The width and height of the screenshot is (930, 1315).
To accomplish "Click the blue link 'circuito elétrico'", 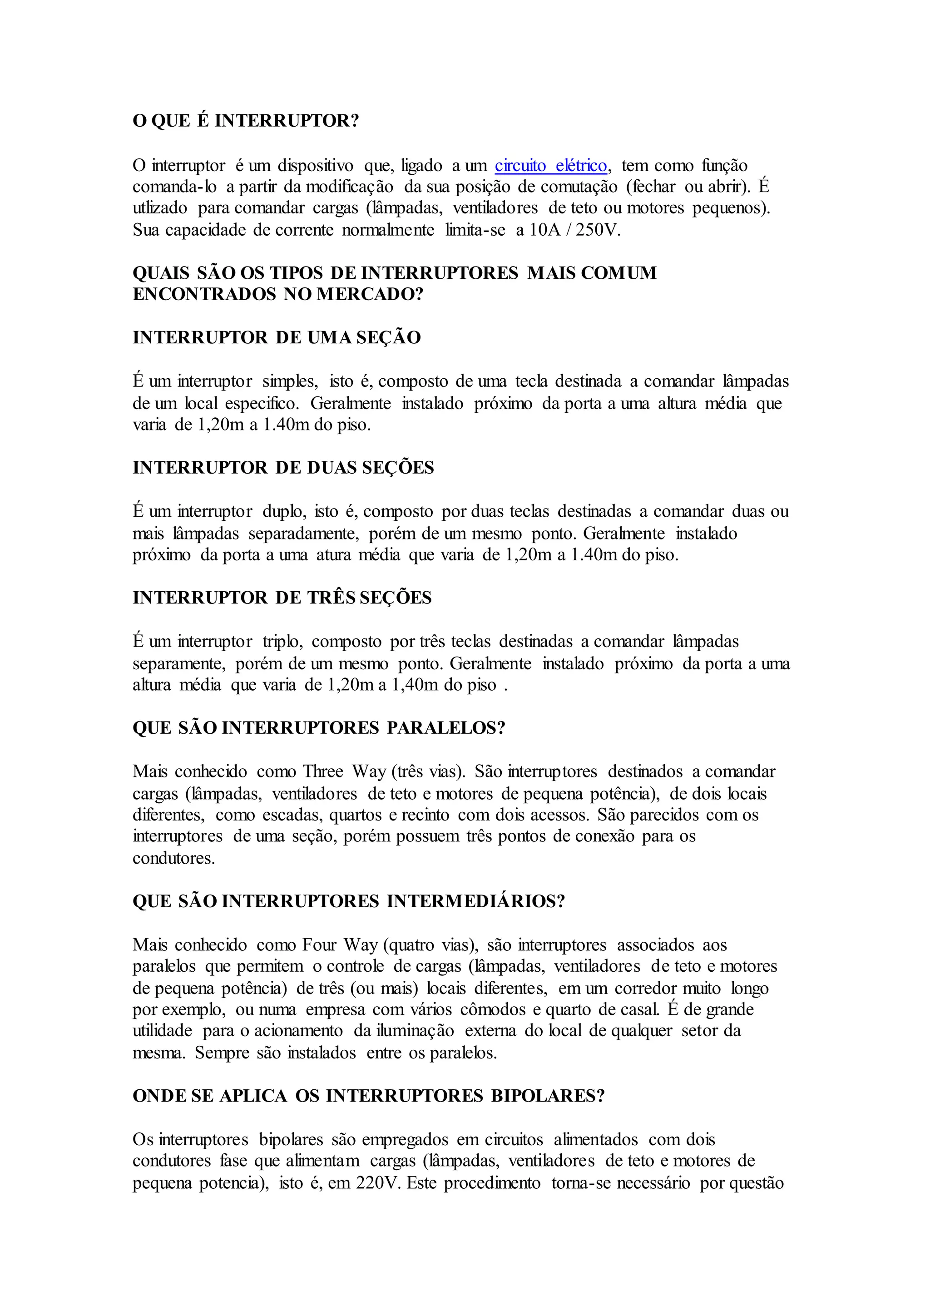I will [x=550, y=166].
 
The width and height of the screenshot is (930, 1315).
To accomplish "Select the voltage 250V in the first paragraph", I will [x=598, y=230].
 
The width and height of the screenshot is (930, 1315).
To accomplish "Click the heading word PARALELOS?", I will [x=446, y=727].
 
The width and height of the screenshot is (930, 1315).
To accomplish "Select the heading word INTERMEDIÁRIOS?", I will [x=476, y=901].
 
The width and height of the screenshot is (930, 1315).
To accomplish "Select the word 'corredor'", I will [x=647, y=988].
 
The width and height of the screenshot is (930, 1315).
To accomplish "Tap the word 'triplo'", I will [x=281, y=642].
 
